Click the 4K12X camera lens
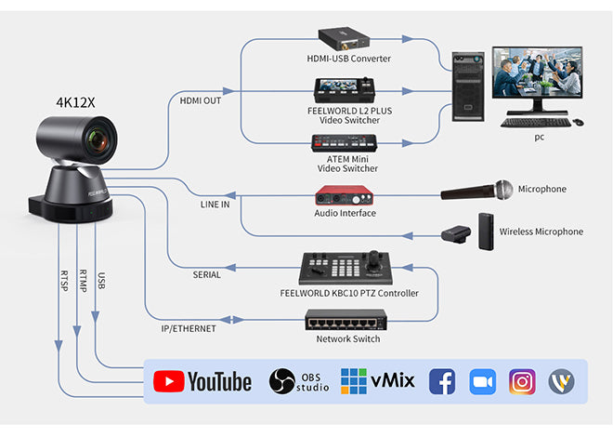tap(98, 141)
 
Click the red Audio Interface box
tap(345, 195)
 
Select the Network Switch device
tap(346, 322)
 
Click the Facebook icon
tap(441, 381)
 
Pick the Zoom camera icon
tap(482, 381)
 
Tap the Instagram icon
tap(522, 381)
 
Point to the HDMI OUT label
tap(200, 100)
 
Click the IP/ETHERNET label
tap(189, 328)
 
